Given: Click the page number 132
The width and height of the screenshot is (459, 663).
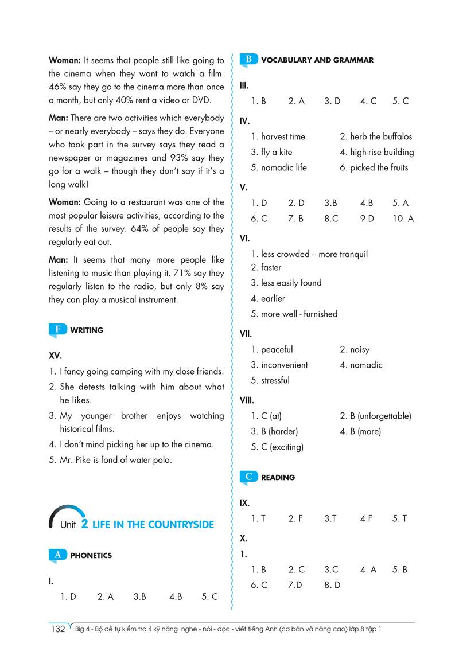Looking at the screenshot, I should (58, 629).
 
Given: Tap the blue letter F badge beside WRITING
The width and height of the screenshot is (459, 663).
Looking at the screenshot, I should (57, 329).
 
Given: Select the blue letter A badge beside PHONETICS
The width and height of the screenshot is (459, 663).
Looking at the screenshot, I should (57, 555).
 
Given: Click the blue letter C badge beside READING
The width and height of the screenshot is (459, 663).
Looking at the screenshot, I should (248, 477).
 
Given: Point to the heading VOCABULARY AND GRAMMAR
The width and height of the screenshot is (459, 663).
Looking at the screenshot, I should (317, 60).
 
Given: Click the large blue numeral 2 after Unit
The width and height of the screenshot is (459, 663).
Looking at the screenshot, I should (84, 523).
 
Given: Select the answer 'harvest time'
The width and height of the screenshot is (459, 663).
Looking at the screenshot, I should (283, 136).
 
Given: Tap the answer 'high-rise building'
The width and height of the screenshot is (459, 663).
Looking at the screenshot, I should (382, 152).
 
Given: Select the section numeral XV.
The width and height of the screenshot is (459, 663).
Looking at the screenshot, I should (55, 356).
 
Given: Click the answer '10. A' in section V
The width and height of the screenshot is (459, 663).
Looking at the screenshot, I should (403, 219).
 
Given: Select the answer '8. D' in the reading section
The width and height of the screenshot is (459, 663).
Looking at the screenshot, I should (332, 585).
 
